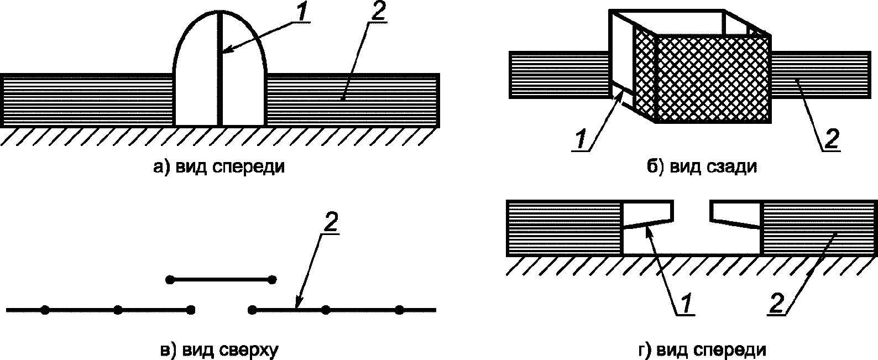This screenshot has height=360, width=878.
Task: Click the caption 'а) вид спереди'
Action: tap(219, 166)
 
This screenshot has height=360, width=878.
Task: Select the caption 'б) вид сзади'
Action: tap(702, 166)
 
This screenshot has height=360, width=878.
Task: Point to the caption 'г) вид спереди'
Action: tap(702, 349)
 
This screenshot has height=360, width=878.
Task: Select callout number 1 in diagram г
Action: tap(684, 303)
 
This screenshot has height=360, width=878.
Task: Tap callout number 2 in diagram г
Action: tap(776, 303)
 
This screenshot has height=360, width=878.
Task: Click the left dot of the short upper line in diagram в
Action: tap(171, 280)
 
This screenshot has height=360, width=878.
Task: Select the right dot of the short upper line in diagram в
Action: tap(271, 280)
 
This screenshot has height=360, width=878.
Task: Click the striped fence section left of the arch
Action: tap(88, 101)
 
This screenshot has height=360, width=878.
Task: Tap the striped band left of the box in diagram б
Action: tap(558, 75)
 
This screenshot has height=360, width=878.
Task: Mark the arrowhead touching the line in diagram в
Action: tap(297, 305)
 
